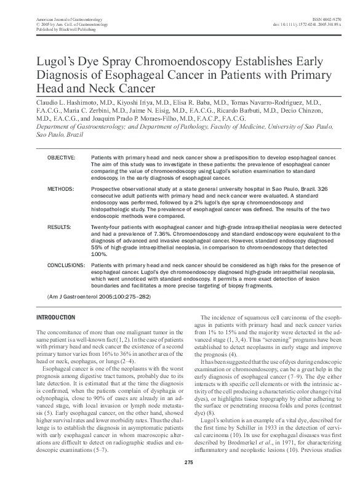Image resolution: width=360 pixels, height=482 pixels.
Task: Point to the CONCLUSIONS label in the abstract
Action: [66, 263]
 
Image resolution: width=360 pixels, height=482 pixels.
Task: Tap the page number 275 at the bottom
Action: [180, 462]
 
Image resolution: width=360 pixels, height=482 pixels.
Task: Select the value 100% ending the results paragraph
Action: [99, 254]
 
